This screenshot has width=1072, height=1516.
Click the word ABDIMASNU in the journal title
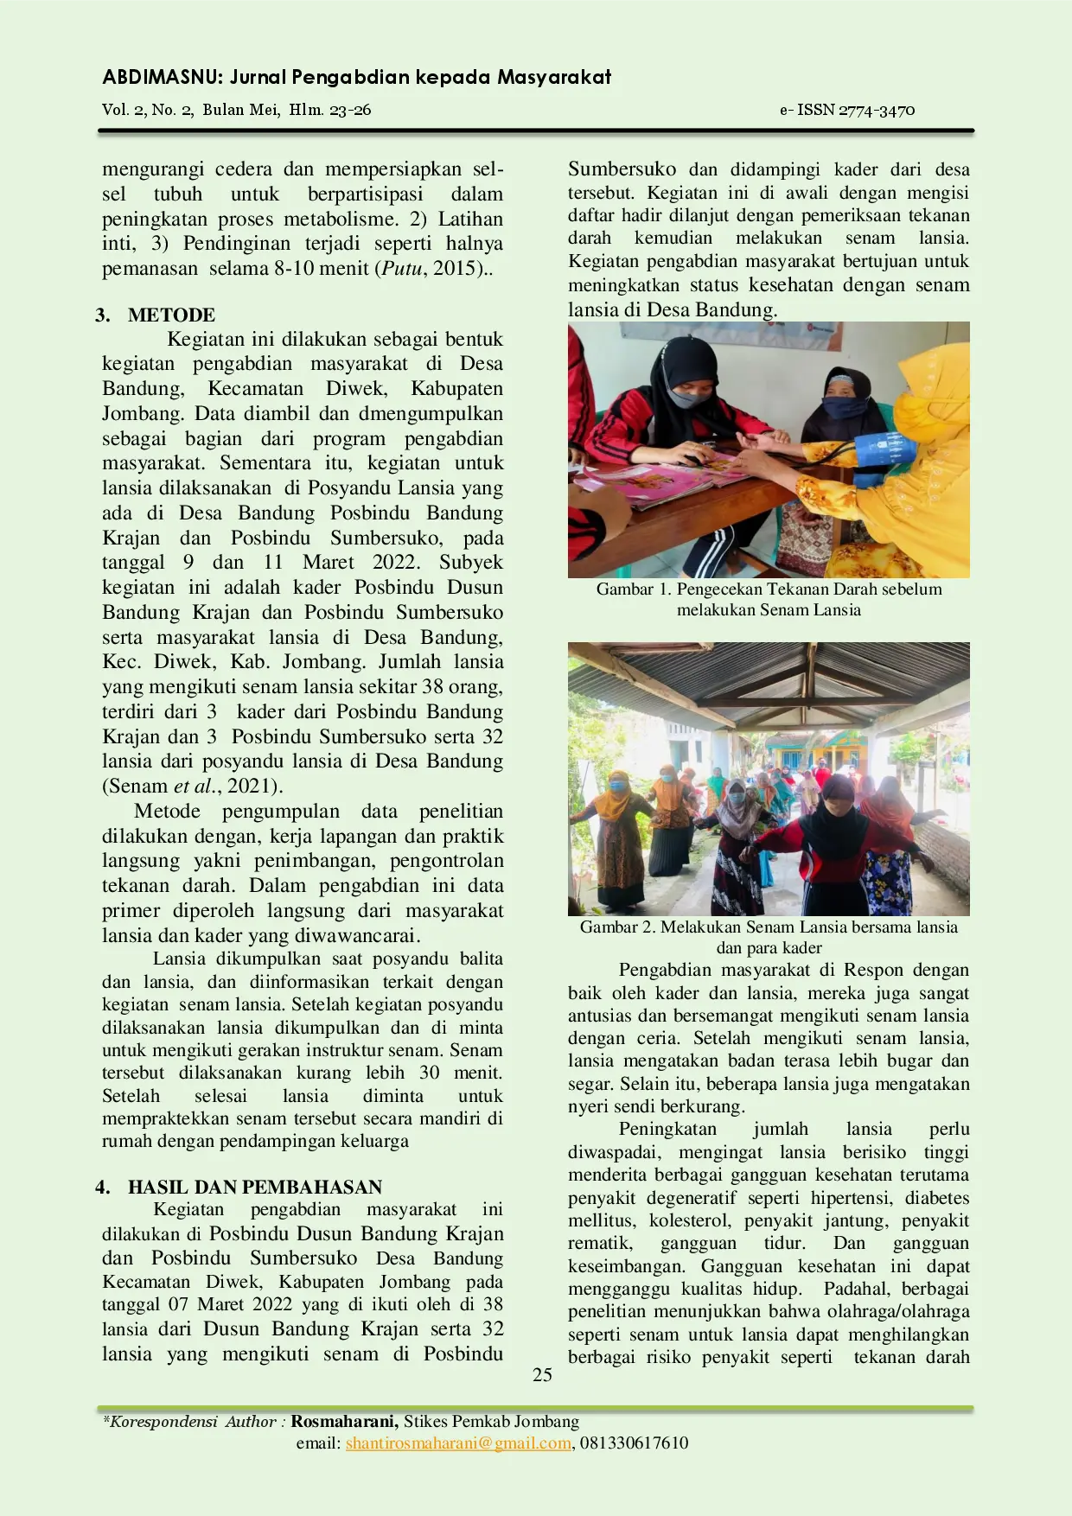(x=163, y=77)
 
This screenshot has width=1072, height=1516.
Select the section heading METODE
(x=171, y=315)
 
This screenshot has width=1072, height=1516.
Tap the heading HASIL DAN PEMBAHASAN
(x=254, y=1187)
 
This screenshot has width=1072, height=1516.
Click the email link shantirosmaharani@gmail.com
(x=458, y=1443)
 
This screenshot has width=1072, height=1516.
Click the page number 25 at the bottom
(x=542, y=1375)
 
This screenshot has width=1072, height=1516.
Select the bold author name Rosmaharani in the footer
(x=344, y=1421)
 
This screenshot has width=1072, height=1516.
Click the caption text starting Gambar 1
(x=769, y=589)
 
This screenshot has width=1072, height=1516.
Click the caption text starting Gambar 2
(x=769, y=927)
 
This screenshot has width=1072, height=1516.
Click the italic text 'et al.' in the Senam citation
(x=194, y=786)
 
